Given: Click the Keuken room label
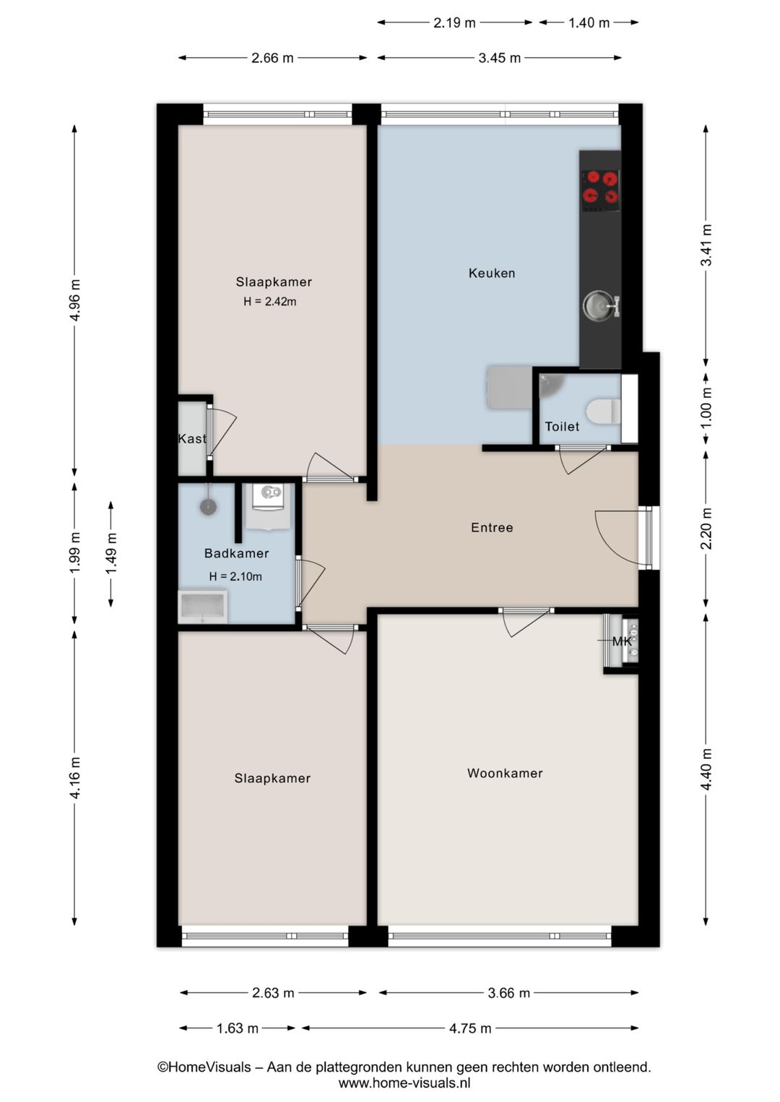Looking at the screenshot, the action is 492,273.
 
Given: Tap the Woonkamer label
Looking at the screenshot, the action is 505,773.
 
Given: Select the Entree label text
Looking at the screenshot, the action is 492,527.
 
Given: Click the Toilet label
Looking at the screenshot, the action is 561,426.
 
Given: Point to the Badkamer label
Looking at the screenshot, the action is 236,553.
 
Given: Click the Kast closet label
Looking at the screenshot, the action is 192,438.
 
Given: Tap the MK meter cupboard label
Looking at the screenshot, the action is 622,641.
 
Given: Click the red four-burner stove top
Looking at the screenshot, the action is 600,188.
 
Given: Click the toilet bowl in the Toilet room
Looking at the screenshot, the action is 603,411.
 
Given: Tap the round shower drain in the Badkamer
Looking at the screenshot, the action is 209,507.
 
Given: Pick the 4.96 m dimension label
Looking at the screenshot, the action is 75,300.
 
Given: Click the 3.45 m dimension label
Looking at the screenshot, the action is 500,58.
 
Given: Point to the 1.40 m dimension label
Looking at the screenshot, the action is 589,22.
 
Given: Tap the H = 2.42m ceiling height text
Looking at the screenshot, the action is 269,302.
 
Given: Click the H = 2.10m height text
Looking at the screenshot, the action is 235,576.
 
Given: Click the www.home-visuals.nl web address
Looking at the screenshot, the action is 404,1083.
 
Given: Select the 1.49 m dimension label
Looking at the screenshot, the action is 112,553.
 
